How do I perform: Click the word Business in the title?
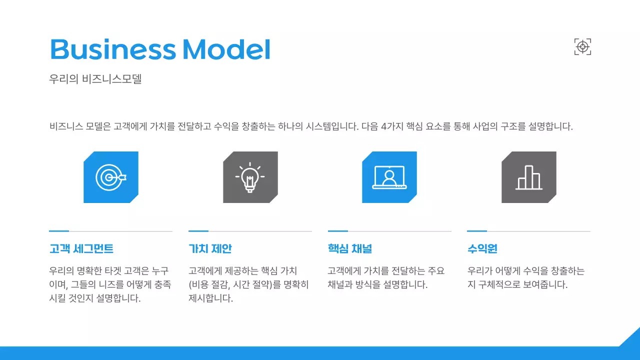click(113, 49)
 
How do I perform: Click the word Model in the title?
click(226, 49)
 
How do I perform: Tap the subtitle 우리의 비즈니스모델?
click(95, 79)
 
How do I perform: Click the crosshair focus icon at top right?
click(582, 47)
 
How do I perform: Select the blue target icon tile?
click(111, 177)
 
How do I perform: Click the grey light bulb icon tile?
click(250, 177)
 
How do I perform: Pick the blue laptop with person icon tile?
click(389, 177)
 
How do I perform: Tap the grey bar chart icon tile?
click(528, 177)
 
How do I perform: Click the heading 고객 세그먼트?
click(81, 249)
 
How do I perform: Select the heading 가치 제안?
click(210, 249)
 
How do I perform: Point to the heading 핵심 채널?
click(349, 249)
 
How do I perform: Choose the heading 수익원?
click(482, 249)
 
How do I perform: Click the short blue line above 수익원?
click(477, 231)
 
